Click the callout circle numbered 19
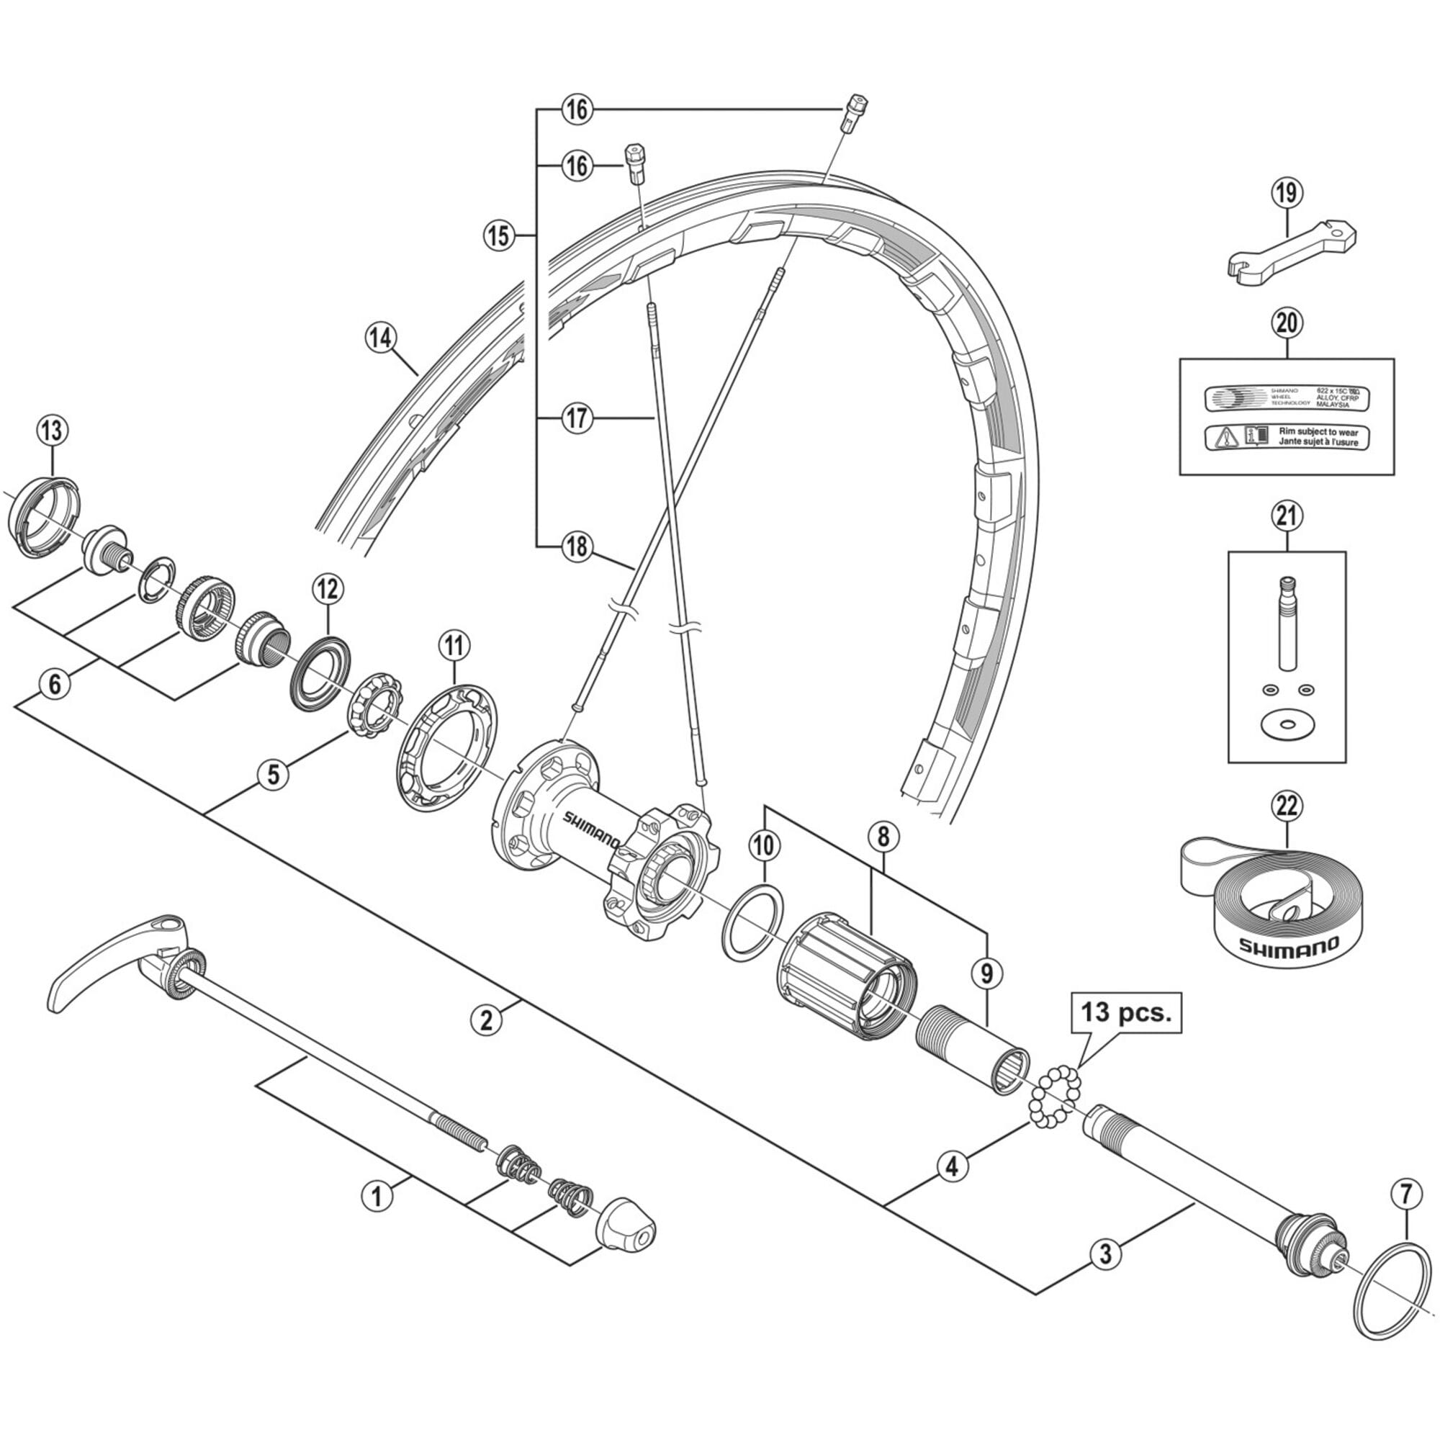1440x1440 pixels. [1287, 193]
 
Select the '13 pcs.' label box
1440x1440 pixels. [1126, 1014]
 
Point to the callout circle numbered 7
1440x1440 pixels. [1405, 1194]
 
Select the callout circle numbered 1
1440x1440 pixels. [377, 1196]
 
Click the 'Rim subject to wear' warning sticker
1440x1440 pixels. [1287, 437]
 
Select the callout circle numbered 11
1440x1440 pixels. [454, 644]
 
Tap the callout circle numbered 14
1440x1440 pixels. [381, 338]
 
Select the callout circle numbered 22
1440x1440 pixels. [1287, 806]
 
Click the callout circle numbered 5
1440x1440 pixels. [274, 774]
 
